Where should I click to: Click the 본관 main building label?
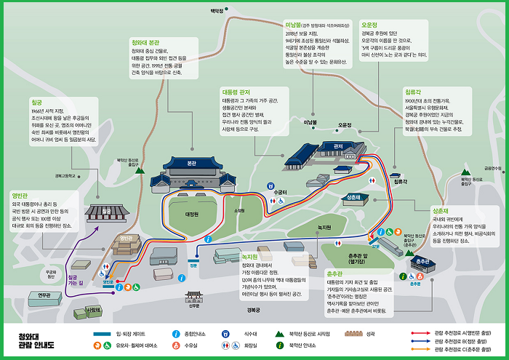pos(191,164)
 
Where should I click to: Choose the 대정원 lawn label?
pos(192,215)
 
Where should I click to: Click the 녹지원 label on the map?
pos(324,228)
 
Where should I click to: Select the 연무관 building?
pos(44,295)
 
